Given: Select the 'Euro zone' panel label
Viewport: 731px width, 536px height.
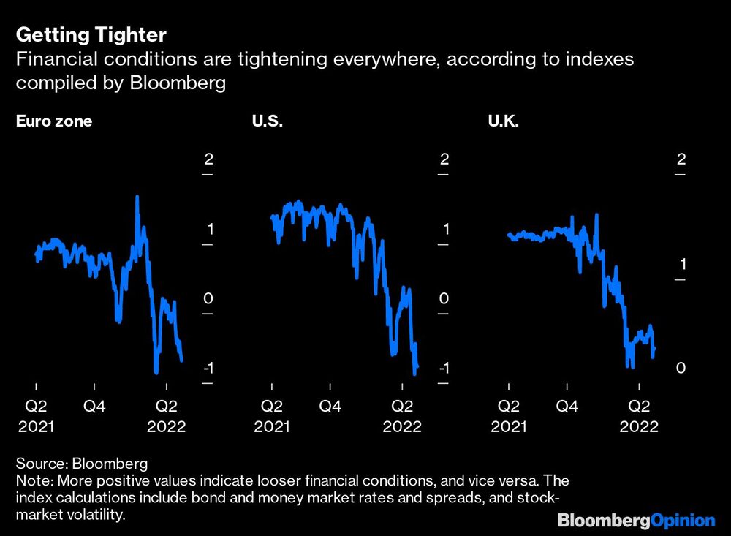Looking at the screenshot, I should (54, 121).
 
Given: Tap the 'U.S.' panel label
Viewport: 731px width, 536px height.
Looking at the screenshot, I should (267, 121).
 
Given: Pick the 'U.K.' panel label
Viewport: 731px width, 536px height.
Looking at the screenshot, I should (503, 121).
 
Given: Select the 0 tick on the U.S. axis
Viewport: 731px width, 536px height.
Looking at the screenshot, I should (444, 298).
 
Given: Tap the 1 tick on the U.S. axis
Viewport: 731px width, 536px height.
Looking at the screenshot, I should (444, 229).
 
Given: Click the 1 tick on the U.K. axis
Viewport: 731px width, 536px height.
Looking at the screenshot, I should (681, 263).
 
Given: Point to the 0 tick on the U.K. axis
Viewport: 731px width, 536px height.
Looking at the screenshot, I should (681, 368).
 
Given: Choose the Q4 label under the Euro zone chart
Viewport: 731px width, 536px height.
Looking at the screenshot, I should (94, 405).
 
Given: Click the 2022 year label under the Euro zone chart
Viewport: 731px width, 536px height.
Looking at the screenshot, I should (167, 426).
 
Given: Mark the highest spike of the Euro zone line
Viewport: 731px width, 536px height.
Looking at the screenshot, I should (137, 196).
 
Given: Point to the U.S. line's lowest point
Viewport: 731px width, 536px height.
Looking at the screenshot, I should (414, 374).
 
